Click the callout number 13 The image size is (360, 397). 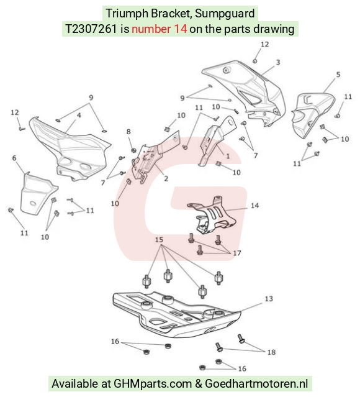coord(269,299)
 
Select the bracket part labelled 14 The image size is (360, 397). coord(212,215)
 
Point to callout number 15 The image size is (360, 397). coord(159,240)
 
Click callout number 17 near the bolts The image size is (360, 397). coord(237,253)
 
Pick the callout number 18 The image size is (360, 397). coord(271,352)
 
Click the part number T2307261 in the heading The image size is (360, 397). coord(91,29)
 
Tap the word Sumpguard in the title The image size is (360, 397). coord(225,13)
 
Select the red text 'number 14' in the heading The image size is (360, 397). coord(160,29)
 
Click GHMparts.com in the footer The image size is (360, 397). coord(153,383)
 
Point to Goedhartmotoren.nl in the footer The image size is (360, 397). coord(256,383)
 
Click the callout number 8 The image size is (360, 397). coord(128,132)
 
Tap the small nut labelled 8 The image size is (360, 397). coord(134,150)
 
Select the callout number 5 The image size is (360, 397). coord(338,75)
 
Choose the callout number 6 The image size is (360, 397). coord(14,158)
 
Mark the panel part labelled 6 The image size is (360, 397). coord(37,194)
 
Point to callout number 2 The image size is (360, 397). coord(166,179)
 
